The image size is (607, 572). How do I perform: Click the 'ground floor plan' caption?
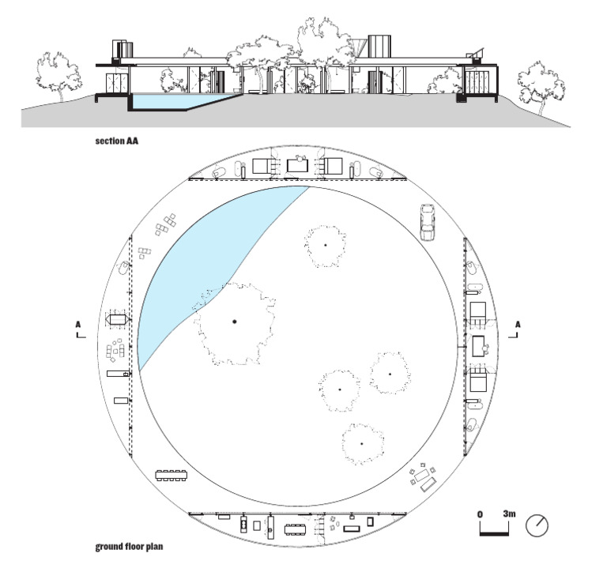pos(130,545)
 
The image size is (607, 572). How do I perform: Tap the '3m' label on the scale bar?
pos(509,514)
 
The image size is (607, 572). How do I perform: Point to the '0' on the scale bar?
pos(480,514)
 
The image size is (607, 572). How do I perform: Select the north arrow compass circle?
pos(537,524)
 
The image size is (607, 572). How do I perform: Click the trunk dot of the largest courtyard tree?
pos(234,321)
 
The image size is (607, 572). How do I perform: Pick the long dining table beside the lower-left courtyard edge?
pos(172,476)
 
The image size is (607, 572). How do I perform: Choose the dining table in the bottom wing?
pos(296,525)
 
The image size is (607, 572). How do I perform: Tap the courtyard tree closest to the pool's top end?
pos(324,245)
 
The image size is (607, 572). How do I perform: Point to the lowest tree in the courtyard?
pos(361,443)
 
